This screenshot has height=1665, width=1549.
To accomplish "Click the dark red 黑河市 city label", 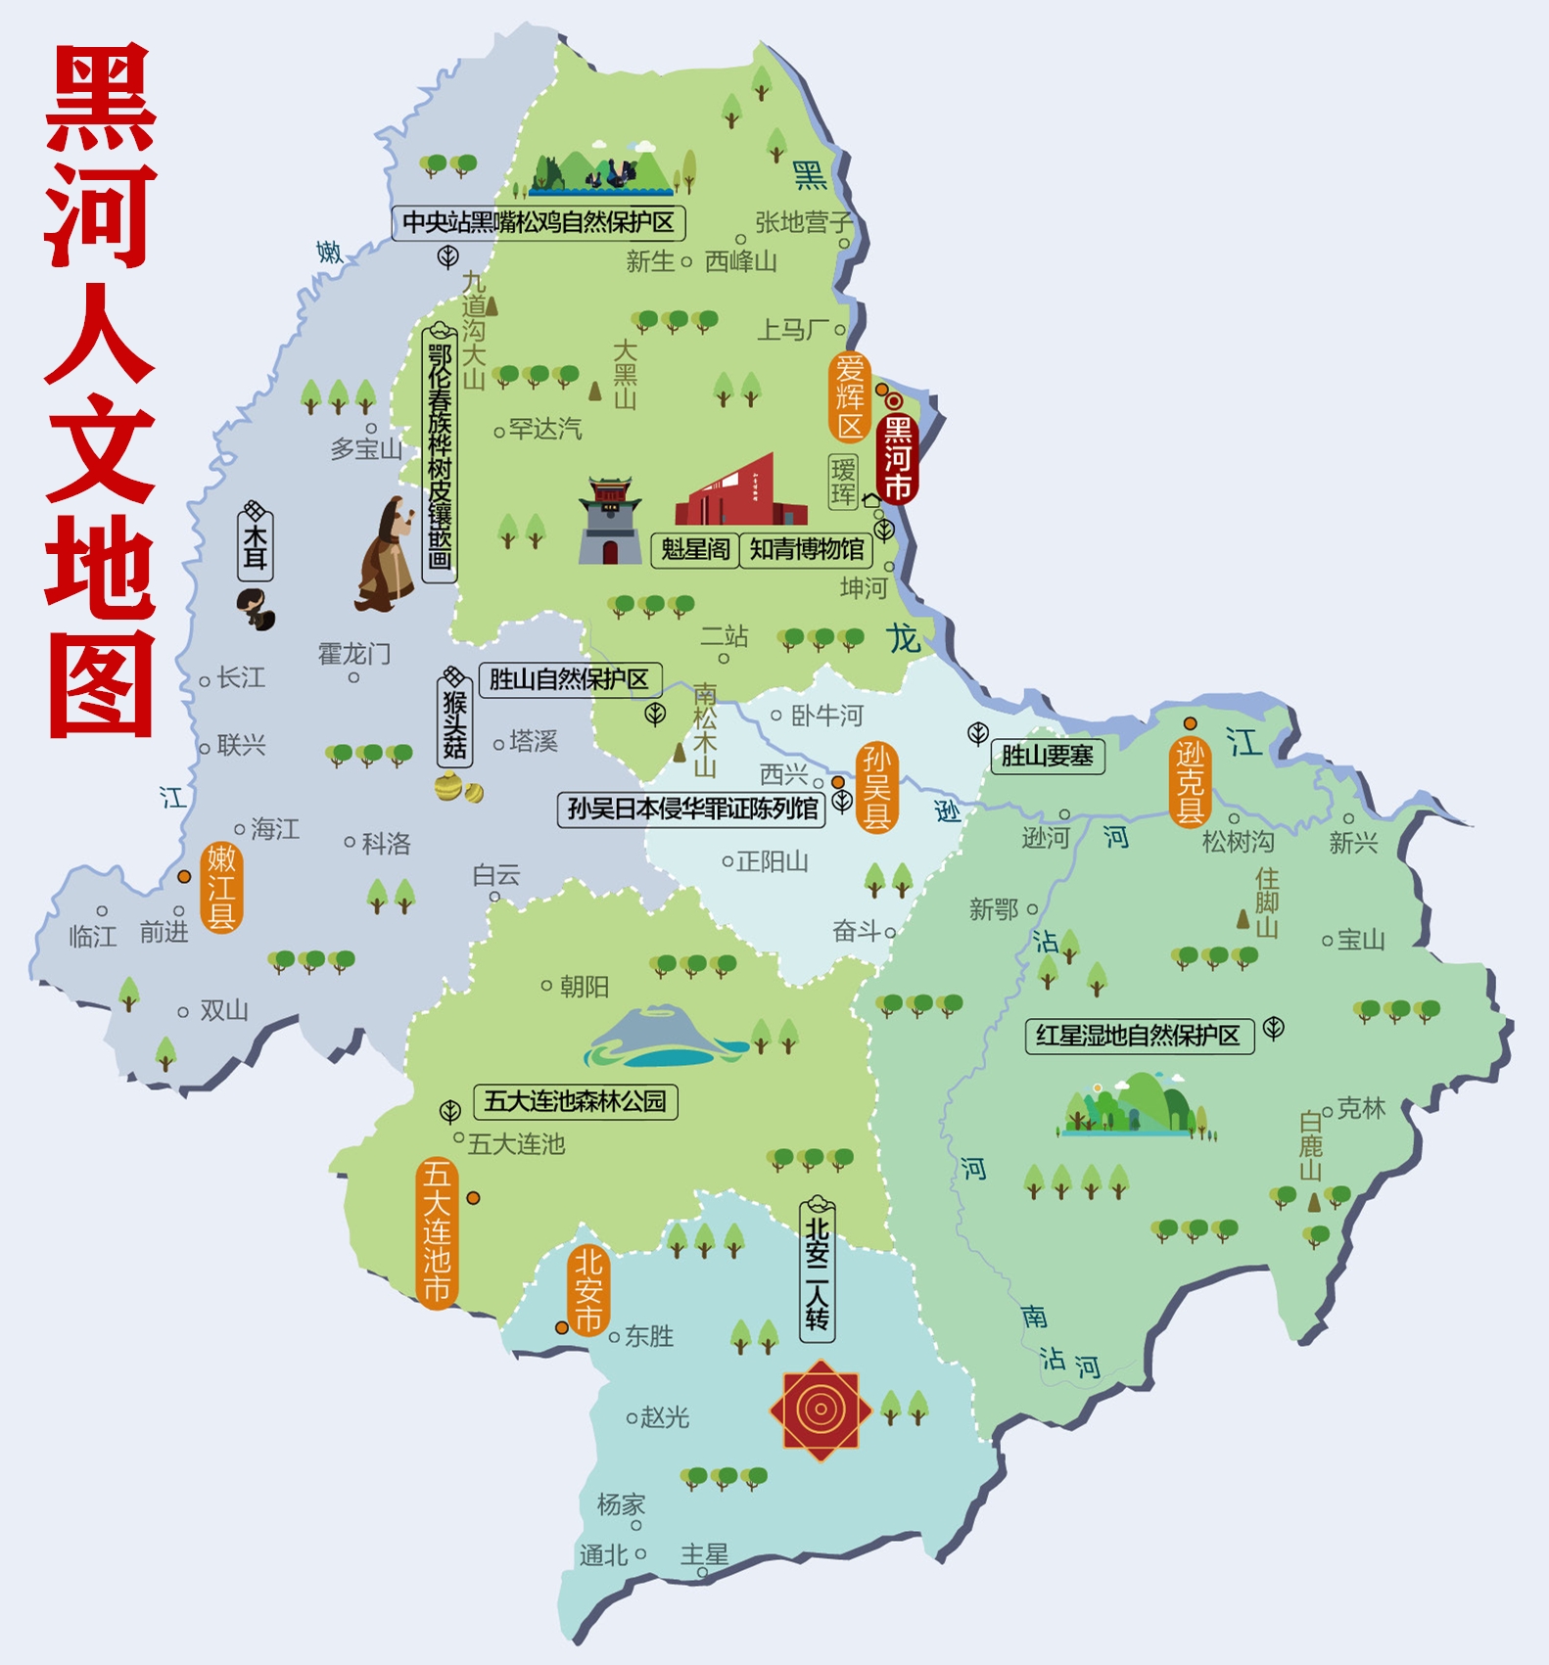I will coord(897,458).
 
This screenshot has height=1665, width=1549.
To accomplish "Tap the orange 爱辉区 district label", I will coord(849,396).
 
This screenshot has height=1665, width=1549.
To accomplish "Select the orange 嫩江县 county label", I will coord(221,887).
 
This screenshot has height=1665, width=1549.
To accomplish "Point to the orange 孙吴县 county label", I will coord(876,787).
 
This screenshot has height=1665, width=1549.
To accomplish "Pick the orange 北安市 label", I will coord(587,1290).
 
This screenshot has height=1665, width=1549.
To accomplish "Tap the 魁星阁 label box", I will coord(695,549).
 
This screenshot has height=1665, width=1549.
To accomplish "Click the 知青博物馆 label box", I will coord(806,549).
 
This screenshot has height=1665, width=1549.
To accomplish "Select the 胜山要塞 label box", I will coord(1047,756).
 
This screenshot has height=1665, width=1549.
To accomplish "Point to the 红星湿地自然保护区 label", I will coord(1139,1036).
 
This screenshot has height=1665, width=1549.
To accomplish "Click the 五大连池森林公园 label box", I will coord(575,1101).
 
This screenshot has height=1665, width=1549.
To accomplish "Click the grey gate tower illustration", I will coord(609,521).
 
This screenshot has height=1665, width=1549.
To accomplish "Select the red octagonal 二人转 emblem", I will coord(821,1410).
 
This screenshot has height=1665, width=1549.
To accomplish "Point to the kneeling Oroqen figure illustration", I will coord(388,555).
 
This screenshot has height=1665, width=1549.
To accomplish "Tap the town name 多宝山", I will coord(366,449).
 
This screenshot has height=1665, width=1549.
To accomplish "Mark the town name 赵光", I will coord(665,1416).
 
